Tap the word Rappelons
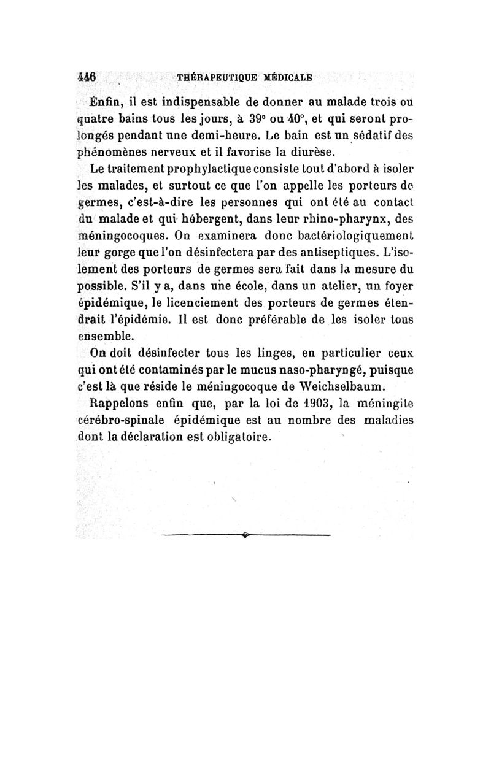coord(119,403)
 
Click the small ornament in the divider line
coord(245,535)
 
